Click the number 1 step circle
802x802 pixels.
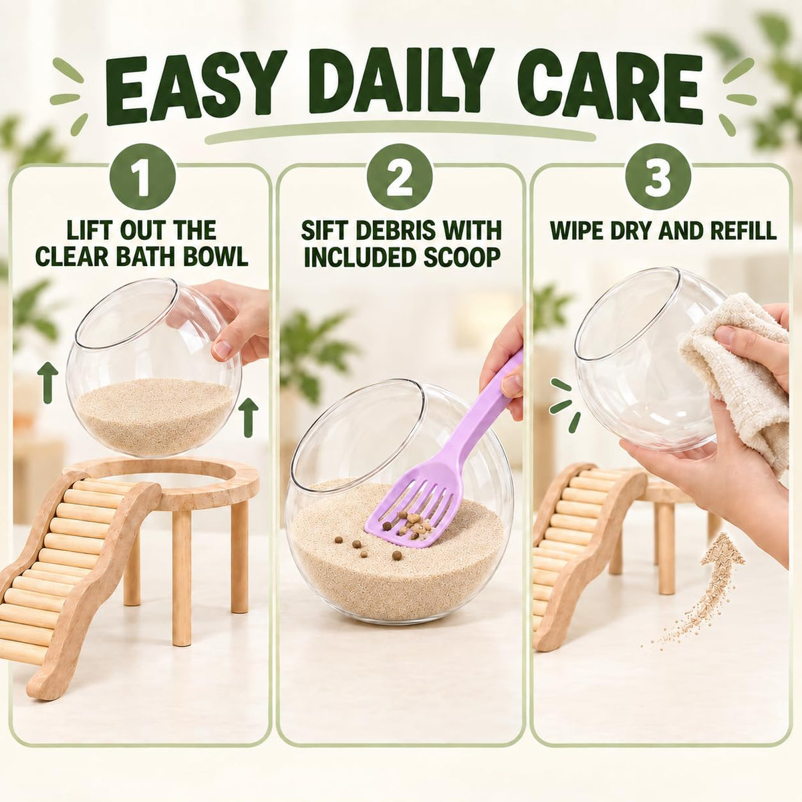142,178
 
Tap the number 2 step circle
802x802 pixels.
400,178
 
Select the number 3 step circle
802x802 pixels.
658,178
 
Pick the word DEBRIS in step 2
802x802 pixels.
387,230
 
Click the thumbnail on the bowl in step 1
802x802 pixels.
223,350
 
